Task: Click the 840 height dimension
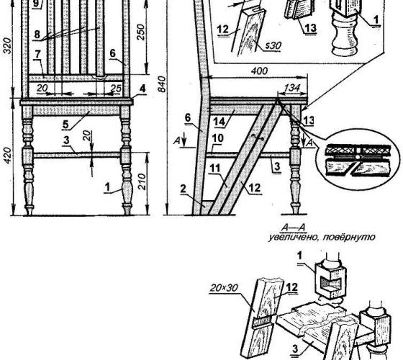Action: coord(162,84)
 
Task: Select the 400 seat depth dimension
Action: coord(259,71)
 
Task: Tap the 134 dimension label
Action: coord(292,88)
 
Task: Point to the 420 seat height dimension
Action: coord(8,156)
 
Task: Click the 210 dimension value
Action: coord(142,181)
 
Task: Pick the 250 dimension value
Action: coord(141,32)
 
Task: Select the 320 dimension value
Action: coord(8,46)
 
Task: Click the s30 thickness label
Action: coord(273,46)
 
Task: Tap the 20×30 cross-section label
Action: coord(224,288)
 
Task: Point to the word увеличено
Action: coord(294,237)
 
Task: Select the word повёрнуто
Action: coord(349,237)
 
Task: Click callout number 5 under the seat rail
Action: coord(65,124)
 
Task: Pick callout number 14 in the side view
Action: coord(219,121)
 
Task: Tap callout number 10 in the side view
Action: coord(217,138)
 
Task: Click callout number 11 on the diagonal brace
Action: coord(214,168)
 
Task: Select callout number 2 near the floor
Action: coord(183,189)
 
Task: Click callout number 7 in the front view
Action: coord(37,54)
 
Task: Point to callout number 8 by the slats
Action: coord(37,34)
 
